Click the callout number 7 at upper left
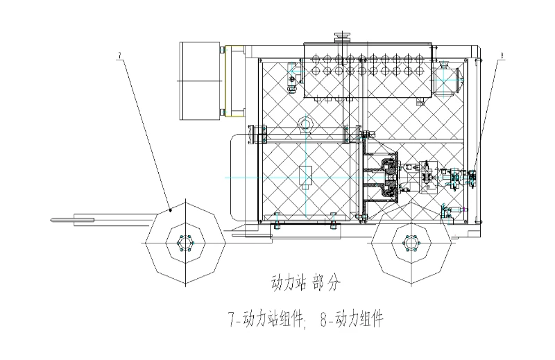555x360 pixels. (x=119, y=55)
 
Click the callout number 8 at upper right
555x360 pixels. (x=502, y=55)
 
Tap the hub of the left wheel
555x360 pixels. (x=185, y=243)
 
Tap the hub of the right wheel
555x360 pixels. (x=411, y=243)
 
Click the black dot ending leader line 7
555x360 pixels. (x=171, y=210)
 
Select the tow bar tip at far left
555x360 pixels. (x=53, y=220)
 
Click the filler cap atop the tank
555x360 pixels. (x=342, y=37)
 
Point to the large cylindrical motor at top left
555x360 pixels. (x=200, y=80)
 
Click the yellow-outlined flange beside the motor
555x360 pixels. (x=234, y=80)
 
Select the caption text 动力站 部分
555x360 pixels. (x=305, y=283)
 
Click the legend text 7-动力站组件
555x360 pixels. (x=266, y=318)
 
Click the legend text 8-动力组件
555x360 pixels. (x=352, y=318)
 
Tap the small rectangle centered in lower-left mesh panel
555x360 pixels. (x=305, y=176)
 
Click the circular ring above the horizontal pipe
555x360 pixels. (x=305, y=124)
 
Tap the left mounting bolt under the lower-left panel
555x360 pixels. (x=277, y=221)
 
